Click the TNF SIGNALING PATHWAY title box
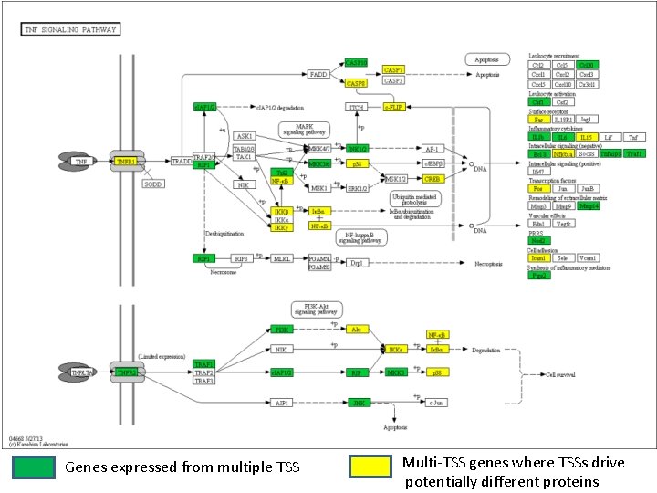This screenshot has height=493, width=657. (x=70, y=29)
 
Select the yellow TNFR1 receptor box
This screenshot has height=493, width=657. (x=126, y=161)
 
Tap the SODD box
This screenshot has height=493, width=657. (x=151, y=184)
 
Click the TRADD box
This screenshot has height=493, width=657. (x=182, y=161)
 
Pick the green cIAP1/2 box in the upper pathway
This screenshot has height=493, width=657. (x=204, y=107)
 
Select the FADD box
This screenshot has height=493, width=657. (x=318, y=74)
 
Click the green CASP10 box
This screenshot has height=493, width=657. (x=356, y=63)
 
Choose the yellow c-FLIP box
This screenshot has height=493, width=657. (x=393, y=107)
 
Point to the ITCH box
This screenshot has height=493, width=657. (x=356, y=107)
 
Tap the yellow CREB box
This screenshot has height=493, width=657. (x=433, y=179)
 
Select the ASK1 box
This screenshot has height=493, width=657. (x=244, y=136)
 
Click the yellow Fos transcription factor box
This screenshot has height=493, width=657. (x=538, y=189)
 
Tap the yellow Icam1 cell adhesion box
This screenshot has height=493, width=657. (x=538, y=258)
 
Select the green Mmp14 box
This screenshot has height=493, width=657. (x=589, y=206)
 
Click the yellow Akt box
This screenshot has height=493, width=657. (x=357, y=329)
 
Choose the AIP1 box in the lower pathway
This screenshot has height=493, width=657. (x=283, y=401)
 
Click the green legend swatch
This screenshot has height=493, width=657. (x=34, y=467)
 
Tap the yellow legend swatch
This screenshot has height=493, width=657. (x=370, y=467)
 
